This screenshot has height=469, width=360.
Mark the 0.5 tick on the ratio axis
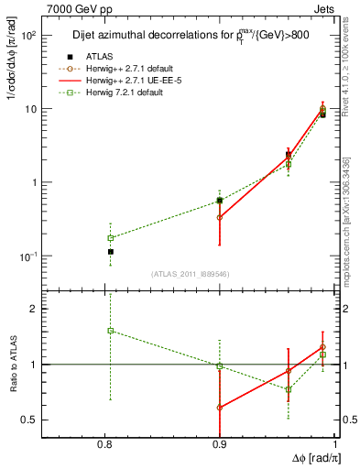coord(53,420)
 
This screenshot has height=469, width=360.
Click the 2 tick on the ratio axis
coord(55,309)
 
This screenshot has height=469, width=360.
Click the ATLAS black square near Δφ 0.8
coord(110,251)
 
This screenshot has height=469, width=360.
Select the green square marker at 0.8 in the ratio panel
coord(110,331)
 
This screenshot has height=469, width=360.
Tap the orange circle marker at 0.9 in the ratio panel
coord(220,408)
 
